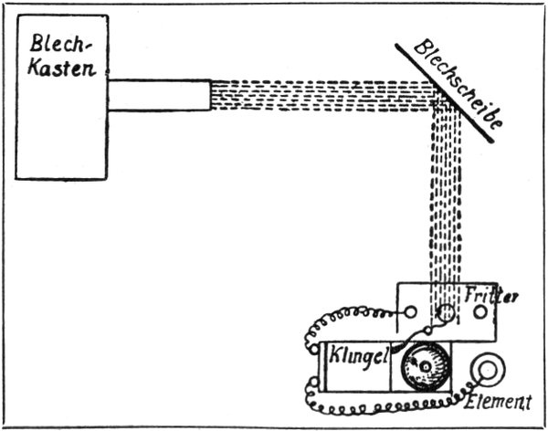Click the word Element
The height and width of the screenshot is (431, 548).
497,401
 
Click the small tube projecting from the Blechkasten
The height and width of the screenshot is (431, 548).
160,95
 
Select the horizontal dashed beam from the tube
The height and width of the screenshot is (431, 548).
320,95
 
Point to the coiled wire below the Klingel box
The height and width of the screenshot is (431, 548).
384,403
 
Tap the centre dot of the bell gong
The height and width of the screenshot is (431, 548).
423,365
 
